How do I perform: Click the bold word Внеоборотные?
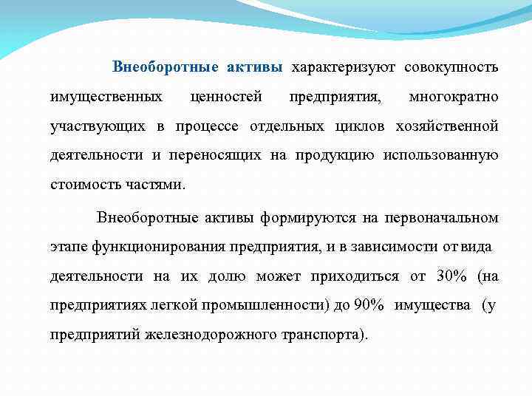[x=166, y=68]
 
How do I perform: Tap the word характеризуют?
[x=344, y=68]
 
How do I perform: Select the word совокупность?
[x=451, y=68]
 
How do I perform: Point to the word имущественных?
[x=106, y=97]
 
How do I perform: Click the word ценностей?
[x=226, y=97]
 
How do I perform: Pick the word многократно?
[x=453, y=97]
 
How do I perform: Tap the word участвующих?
[x=97, y=126]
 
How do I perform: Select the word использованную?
[x=443, y=155]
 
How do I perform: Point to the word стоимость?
[x=82, y=184]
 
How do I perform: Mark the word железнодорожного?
[x=214, y=334]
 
